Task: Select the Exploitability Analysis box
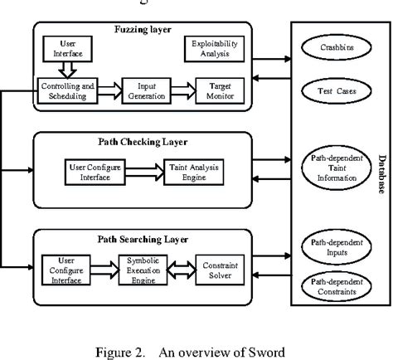pyautogui.click(x=209, y=49)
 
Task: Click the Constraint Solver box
pyautogui.click(x=217, y=270)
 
